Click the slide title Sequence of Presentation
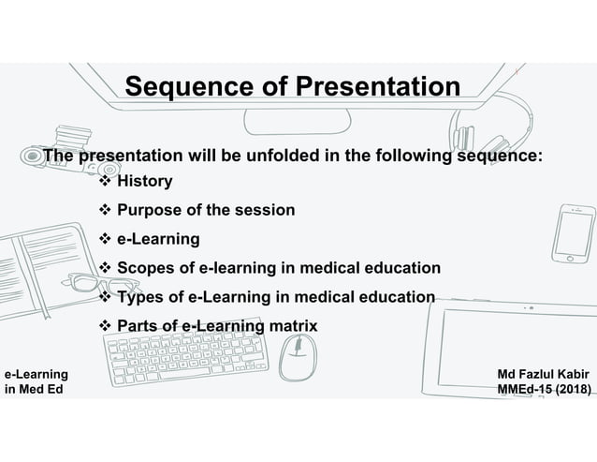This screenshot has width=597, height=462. tap(292, 87)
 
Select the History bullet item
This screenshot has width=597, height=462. tap(143, 181)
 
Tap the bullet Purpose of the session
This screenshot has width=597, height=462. tap(206, 210)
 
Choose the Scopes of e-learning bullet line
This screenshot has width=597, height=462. tap(278, 268)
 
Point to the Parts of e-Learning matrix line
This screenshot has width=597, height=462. tap(216, 326)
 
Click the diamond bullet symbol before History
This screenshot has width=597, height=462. tap(105, 181)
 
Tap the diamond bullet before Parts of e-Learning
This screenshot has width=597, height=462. tap(105, 326)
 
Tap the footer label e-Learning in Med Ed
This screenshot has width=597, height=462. tap(36, 381)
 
